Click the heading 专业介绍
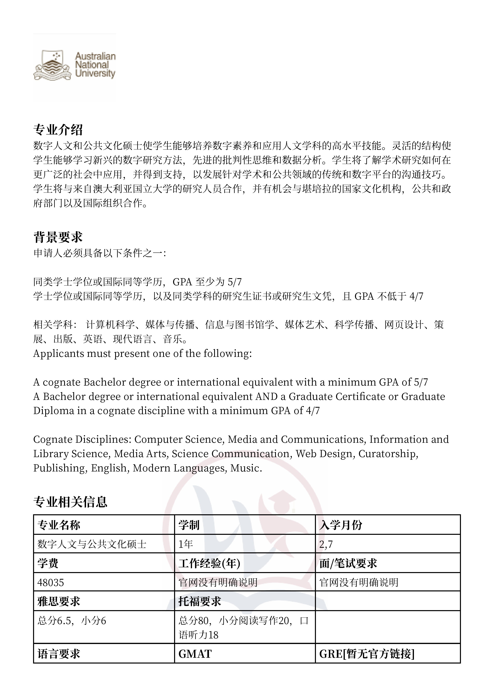pyautogui.click(x=58, y=130)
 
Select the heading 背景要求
pyautogui.click(x=58, y=237)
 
